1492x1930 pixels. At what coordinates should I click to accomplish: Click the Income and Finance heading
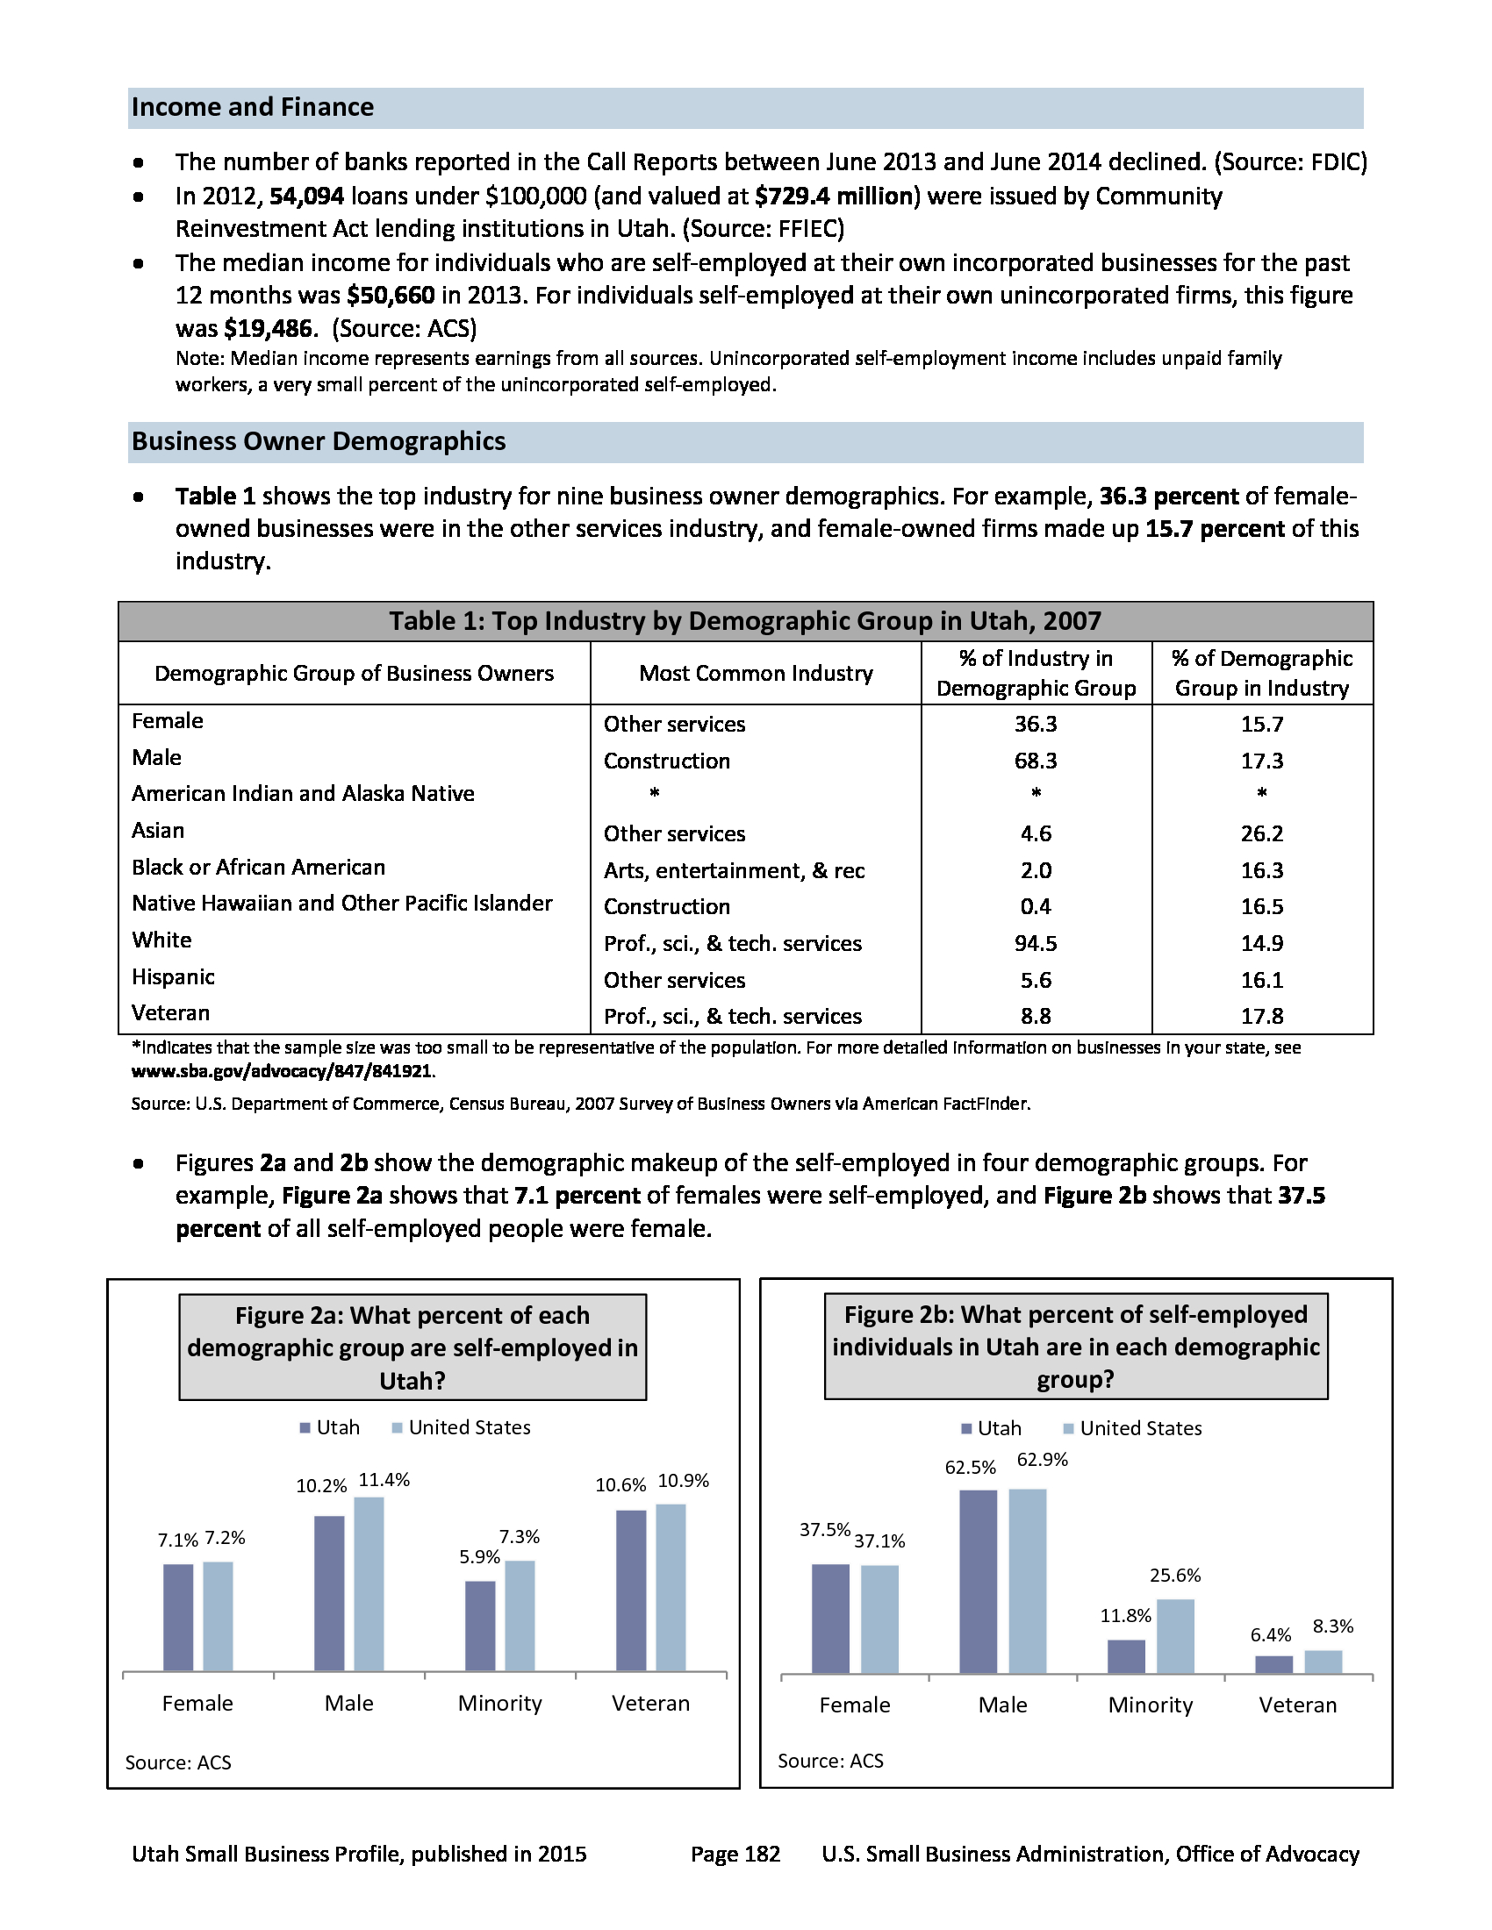[x=253, y=108]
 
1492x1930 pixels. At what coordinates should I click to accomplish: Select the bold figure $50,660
[x=391, y=295]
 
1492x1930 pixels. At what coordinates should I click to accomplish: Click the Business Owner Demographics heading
[x=319, y=442]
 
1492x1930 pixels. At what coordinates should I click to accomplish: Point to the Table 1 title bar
[x=745, y=621]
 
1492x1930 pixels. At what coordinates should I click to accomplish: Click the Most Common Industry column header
[x=756, y=674]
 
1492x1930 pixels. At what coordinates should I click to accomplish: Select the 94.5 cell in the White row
[x=1035, y=944]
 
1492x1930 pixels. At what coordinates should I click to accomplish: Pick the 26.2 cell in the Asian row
[x=1261, y=834]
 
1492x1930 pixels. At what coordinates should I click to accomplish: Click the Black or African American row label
[x=258, y=868]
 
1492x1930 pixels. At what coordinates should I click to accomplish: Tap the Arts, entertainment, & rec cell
[x=734, y=871]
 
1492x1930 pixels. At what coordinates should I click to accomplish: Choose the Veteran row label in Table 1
[x=170, y=1013]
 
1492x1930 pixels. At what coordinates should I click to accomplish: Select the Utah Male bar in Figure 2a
[x=329, y=1593]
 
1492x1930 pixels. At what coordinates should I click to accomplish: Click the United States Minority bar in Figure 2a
[x=520, y=1615]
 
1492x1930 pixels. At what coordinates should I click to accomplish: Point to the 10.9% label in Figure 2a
[x=683, y=1481]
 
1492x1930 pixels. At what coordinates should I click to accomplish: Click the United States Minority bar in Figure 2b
[x=1174, y=1636]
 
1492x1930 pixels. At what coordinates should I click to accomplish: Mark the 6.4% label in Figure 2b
[x=1270, y=1635]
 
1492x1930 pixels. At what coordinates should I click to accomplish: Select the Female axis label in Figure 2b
[x=855, y=1705]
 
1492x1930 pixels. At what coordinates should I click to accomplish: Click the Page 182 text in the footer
[x=735, y=1854]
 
